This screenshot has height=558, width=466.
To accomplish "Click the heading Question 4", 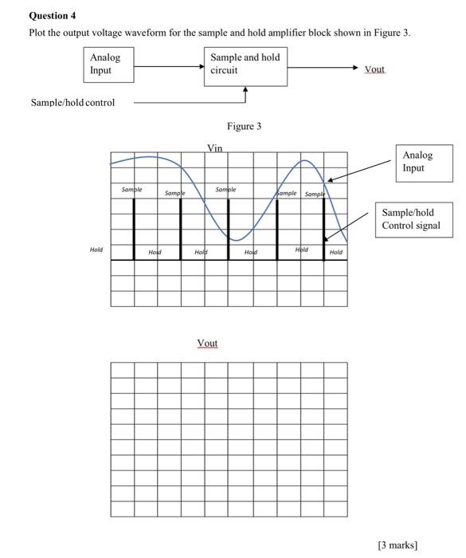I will [53, 15].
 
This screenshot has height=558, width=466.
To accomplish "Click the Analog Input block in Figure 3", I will [108, 64].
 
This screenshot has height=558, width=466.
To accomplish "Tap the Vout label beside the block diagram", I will [374, 70].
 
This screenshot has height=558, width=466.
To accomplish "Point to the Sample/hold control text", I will [72, 102].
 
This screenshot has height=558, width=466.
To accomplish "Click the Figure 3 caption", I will [244, 126].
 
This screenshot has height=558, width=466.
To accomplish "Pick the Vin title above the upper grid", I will [215, 148].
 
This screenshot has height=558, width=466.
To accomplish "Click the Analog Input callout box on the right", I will [422, 163].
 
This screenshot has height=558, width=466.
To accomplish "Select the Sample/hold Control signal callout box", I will [413, 220].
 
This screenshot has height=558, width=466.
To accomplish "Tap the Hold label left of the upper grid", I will [96, 250].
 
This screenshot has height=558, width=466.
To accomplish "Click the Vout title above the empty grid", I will [207, 344].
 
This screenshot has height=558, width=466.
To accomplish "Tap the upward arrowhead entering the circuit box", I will [245, 91].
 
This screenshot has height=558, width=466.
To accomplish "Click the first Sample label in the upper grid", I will [131, 190].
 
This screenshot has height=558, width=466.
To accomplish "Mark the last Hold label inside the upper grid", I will [336, 252].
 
